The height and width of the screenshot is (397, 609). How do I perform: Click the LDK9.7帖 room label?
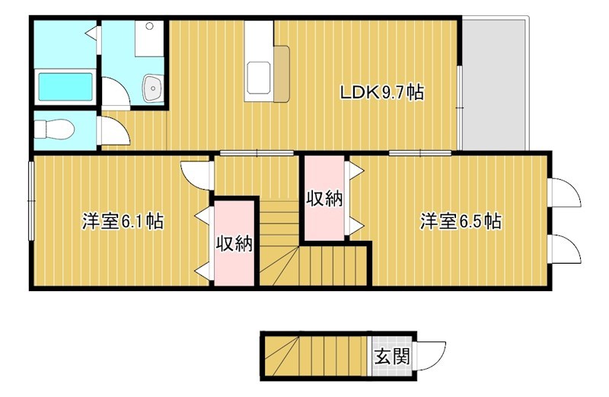pyautogui.click(x=381, y=93)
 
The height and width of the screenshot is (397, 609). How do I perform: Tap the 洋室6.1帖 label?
pyautogui.click(x=123, y=222)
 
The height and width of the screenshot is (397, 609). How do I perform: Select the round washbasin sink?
pyautogui.click(x=153, y=88)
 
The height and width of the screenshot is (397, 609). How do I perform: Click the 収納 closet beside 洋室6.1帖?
pyautogui.click(x=234, y=244)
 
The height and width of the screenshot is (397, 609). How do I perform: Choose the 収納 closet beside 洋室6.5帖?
pyautogui.click(x=325, y=199)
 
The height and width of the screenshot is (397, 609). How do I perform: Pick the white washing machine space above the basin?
pyautogui.click(x=148, y=38)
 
